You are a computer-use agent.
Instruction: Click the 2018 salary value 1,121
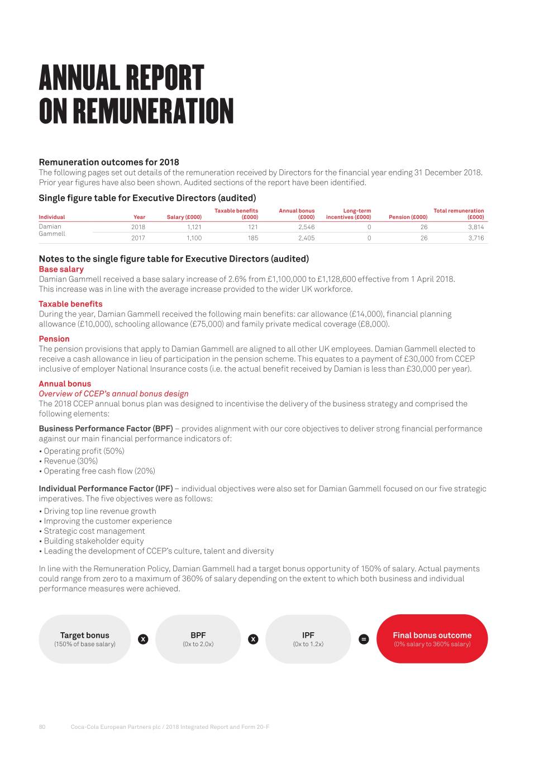point(194,228)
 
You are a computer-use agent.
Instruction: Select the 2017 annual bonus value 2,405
point(306,238)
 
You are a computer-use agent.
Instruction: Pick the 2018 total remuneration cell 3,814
point(476,228)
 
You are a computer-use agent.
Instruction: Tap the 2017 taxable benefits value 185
point(252,238)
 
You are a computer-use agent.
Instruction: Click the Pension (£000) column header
point(408,217)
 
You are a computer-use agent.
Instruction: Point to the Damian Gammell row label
point(51,230)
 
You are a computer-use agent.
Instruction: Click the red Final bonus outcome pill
point(432,639)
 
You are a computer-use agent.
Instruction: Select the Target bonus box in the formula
point(84,639)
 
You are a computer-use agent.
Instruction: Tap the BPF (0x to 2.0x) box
point(198,639)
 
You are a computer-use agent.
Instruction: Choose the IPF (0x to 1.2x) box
point(308,639)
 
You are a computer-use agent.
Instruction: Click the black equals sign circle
point(364,639)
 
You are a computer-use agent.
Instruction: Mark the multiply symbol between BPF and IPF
point(253,639)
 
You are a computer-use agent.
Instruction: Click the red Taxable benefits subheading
point(70,304)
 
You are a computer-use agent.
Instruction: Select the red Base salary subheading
point(61,269)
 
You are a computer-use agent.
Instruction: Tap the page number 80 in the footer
point(42,727)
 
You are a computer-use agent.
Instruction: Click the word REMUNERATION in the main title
point(152,111)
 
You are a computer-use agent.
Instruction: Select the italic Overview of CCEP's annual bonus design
point(113,394)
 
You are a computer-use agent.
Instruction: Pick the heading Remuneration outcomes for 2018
point(108,162)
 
